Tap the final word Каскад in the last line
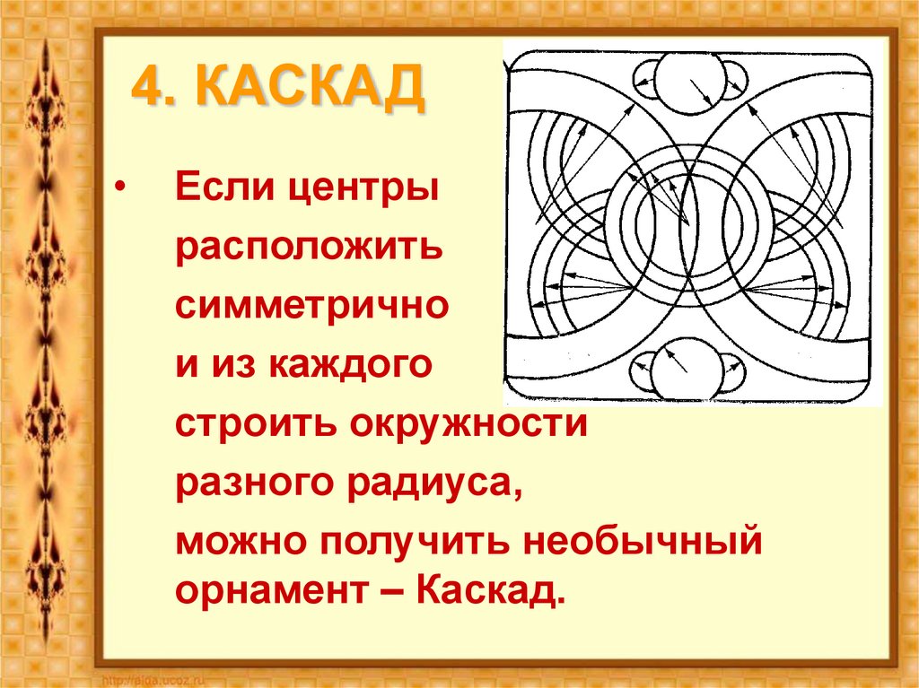[x=491, y=592]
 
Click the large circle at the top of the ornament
[x=687, y=82]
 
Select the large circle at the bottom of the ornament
[x=687, y=368]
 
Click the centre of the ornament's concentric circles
[x=687, y=224]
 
